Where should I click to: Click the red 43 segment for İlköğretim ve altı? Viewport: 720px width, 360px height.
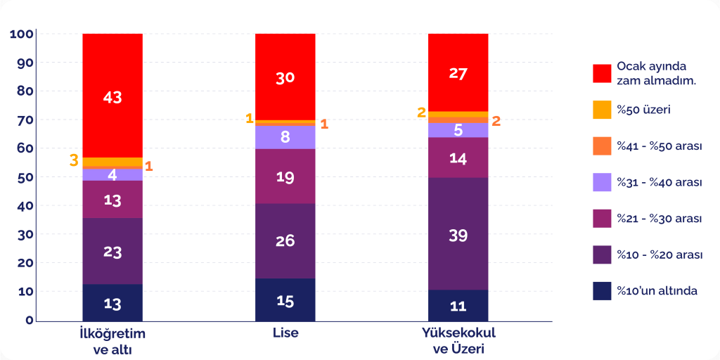pos(112,96)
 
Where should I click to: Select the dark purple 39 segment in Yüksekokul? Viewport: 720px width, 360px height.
pos(458,234)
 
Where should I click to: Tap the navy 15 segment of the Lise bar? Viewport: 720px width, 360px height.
pos(285,300)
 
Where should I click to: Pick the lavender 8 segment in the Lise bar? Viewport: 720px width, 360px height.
pos(285,137)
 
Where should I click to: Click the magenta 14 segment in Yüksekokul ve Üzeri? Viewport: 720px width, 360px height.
pos(458,158)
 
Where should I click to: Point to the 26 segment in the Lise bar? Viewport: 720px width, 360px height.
pos(285,241)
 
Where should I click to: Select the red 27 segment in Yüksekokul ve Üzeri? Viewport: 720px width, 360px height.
pos(458,73)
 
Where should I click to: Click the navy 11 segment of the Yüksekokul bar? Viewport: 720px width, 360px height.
pos(458,306)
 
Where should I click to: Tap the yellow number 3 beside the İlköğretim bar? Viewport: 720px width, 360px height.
pos(74,161)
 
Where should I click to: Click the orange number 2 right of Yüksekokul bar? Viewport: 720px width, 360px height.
pos(496,121)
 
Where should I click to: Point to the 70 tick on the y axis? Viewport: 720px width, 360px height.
pos(25,120)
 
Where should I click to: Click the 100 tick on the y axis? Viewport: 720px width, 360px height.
pos(22,34)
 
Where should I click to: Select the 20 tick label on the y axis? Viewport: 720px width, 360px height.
pos(25,263)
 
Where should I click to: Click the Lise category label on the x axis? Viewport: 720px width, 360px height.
pos(285,333)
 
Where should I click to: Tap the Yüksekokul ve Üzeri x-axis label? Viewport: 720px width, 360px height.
pos(458,340)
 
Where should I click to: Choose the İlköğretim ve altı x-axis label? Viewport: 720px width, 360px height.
pos(112,340)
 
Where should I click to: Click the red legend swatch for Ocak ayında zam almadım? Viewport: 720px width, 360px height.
pos(602,73)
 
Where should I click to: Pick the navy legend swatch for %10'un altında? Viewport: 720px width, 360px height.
pos(602,291)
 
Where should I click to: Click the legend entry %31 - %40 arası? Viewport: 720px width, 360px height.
pos(660,182)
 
